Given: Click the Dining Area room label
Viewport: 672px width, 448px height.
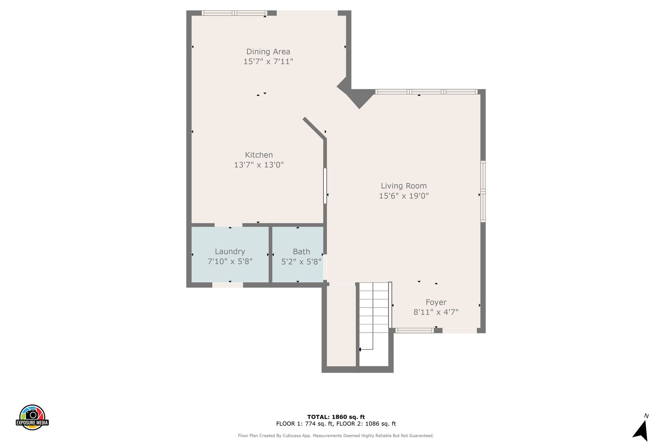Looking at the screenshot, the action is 268,51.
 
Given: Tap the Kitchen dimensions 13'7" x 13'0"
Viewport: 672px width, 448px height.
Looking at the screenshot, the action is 258,165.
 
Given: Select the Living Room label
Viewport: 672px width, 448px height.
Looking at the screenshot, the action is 404,186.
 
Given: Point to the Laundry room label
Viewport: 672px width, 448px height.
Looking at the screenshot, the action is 230,251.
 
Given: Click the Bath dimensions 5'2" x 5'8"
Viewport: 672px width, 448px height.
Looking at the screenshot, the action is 301,262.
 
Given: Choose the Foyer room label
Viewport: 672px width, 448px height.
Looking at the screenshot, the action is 436,302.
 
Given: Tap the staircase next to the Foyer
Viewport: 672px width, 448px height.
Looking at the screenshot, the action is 374,316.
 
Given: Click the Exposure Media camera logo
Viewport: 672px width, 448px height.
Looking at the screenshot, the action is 32,417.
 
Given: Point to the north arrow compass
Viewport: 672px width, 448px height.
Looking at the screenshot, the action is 641,429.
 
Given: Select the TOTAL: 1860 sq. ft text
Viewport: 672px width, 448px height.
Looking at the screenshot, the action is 336,417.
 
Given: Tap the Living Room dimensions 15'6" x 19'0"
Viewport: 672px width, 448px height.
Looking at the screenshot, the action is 404,196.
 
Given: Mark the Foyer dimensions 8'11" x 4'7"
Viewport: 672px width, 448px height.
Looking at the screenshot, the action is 436,312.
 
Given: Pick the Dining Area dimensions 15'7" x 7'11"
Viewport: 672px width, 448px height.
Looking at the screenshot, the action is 268,61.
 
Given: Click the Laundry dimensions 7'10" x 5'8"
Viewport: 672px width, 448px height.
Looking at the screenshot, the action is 230,261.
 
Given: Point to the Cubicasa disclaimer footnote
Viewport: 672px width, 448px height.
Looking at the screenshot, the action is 336,436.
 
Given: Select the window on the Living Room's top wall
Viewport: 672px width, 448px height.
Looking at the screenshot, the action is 426,92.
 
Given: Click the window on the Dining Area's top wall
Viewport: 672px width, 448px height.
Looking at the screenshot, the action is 234,13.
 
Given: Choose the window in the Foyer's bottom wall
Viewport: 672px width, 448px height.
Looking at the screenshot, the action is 414,331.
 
